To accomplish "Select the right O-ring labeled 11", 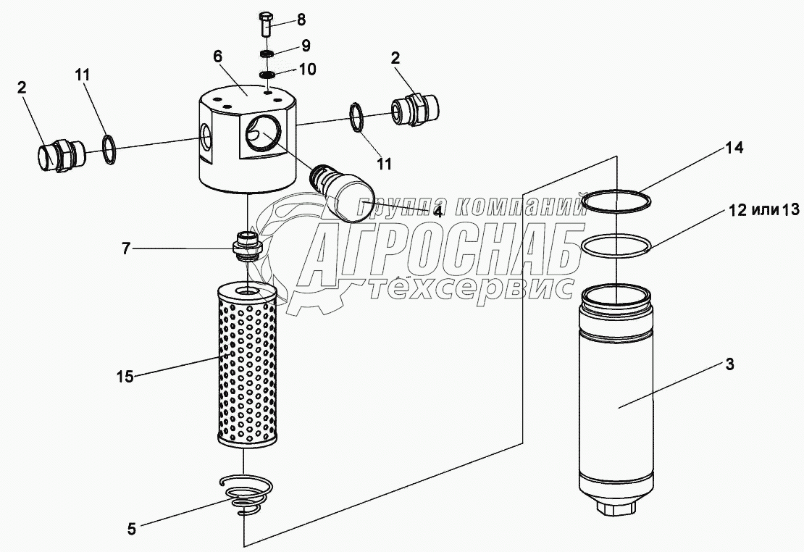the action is pyautogui.click(x=356, y=117).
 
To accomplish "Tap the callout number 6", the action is pyautogui.click(x=218, y=57).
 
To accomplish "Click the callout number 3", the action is pyautogui.click(x=729, y=365).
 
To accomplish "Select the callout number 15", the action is pyautogui.click(x=125, y=377).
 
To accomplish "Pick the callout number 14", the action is pyautogui.click(x=734, y=148).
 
